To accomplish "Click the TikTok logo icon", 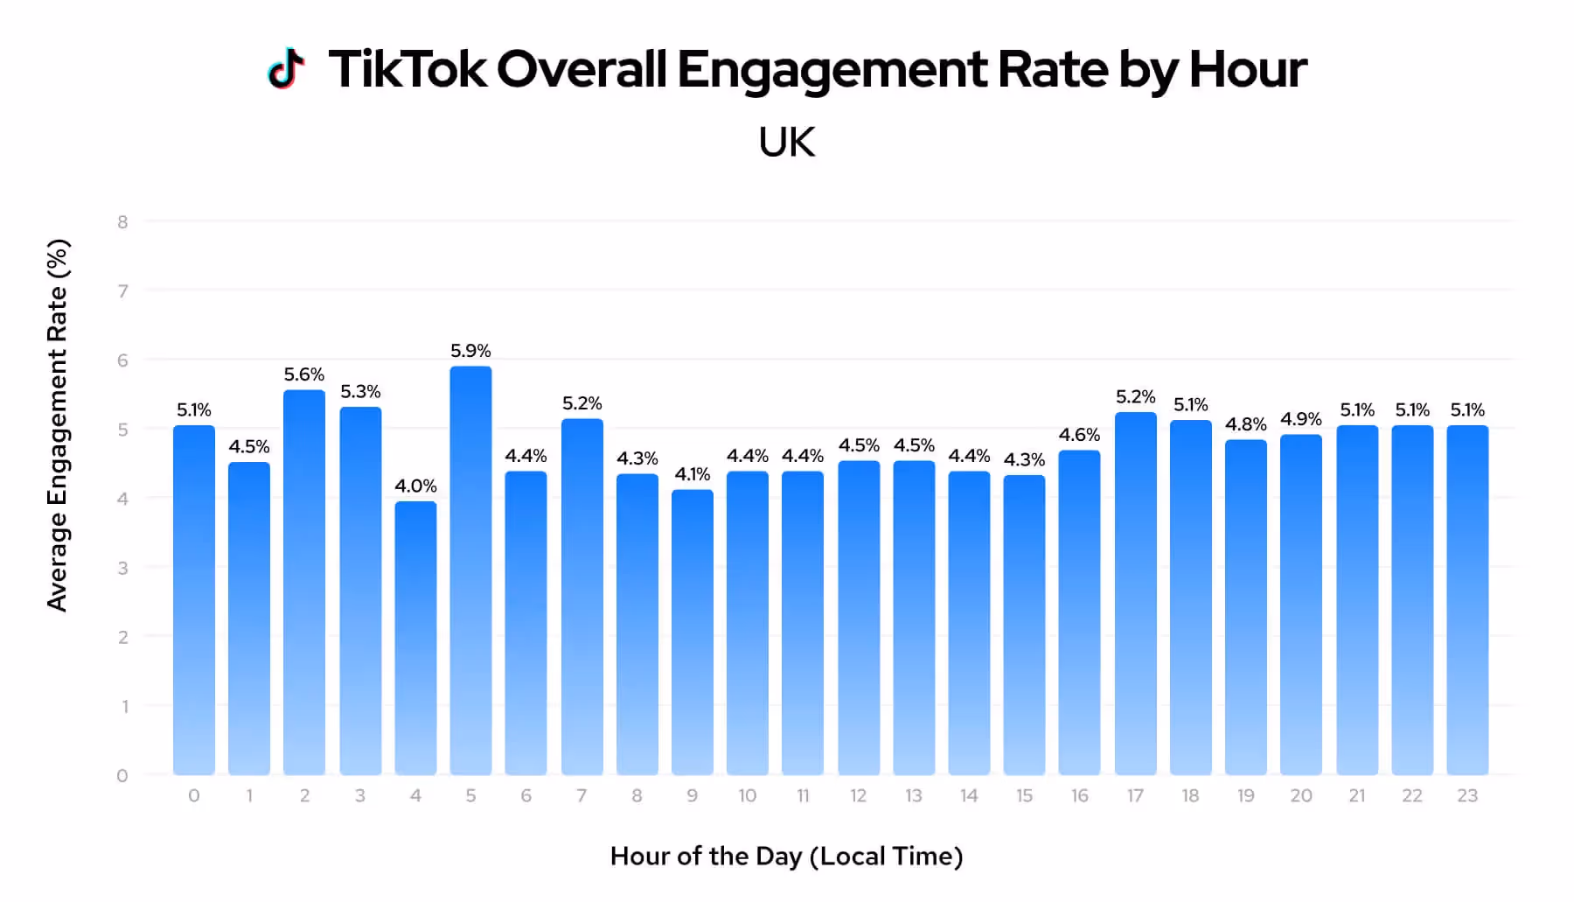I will click(286, 68).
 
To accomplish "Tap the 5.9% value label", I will click(470, 351).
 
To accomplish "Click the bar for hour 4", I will click(415, 638).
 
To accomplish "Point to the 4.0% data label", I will click(415, 486).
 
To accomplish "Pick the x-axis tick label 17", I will click(1135, 795).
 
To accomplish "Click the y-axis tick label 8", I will click(123, 222).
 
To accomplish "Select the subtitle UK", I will click(786, 143).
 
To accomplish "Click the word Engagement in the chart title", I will click(832, 70).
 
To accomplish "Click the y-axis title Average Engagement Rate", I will click(58, 425).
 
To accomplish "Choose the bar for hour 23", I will click(1467, 600).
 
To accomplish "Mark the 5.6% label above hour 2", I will click(304, 374).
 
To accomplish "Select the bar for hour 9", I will click(692, 632).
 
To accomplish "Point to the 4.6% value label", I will click(1079, 435).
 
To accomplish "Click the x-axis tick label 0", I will click(194, 795).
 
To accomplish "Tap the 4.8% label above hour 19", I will click(1245, 424).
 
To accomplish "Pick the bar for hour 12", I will click(858, 618).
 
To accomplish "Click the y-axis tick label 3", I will click(123, 568).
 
